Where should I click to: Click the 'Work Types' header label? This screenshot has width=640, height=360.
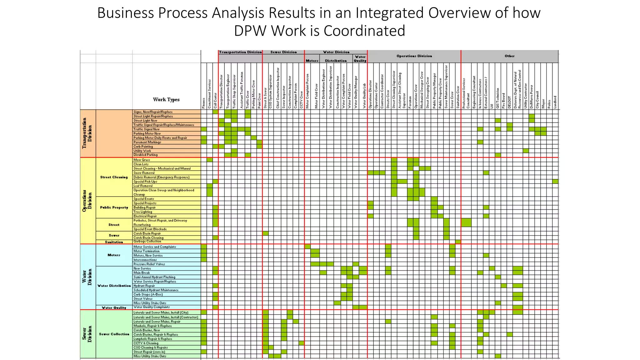[166, 100]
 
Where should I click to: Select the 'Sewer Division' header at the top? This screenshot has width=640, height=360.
[283, 52]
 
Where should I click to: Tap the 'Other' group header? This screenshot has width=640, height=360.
[509, 56]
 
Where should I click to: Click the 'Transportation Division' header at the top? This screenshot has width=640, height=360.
[240, 52]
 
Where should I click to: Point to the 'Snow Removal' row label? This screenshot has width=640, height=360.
[144, 173]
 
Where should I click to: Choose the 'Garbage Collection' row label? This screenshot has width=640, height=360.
[147, 242]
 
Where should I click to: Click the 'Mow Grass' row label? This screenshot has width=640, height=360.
[142, 160]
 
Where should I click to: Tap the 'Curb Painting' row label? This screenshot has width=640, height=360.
[143, 147]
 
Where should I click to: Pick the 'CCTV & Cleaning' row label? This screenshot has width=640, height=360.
[146, 343]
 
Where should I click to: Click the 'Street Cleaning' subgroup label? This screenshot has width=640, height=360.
[114, 177]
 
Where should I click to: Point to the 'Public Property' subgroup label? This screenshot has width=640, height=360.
[114, 207]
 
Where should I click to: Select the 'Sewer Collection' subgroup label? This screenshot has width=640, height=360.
[114, 334]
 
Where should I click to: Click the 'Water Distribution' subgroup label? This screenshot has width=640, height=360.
[114, 286]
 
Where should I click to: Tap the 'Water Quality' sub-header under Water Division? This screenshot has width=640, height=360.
[360, 59]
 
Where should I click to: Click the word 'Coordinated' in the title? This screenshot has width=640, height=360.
[364, 31]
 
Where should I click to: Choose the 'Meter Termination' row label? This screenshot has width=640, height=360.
[147, 251]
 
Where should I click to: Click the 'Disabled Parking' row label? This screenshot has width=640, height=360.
[146, 155]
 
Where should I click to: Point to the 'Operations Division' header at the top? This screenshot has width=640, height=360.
[414, 56]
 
